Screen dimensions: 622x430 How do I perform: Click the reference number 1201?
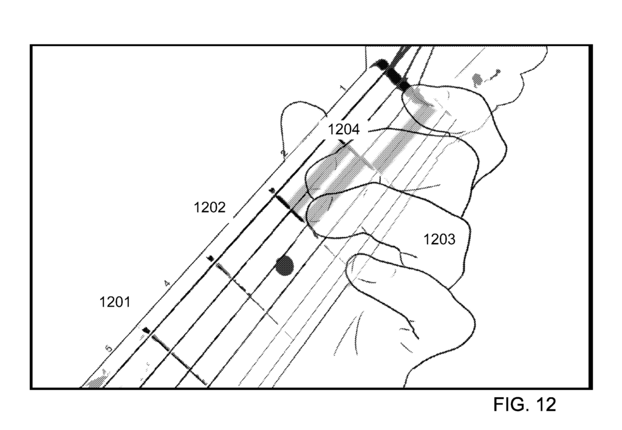click(114, 302)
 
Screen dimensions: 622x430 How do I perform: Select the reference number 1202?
click(209, 207)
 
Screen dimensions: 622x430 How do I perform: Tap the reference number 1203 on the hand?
click(439, 239)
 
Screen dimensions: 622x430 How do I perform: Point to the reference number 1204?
click(344, 129)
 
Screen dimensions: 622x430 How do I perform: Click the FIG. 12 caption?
click(524, 404)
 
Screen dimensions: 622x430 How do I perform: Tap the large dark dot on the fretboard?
click(284, 265)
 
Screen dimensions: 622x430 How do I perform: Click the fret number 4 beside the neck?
click(167, 283)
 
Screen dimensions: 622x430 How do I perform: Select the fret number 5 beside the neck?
click(109, 349)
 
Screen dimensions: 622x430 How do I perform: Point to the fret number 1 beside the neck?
click(343, 87)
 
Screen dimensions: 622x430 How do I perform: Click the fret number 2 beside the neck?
click(283, 152)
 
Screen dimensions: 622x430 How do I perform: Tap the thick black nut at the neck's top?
click(393, 75)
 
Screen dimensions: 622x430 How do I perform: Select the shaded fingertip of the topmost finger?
click(419, 107)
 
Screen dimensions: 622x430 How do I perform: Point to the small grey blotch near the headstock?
click(477, 80)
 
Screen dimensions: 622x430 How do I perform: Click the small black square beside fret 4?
click(211, 259)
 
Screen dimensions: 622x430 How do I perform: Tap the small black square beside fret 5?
click(146, 330)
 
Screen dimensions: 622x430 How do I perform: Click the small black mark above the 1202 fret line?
click(272, 191)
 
